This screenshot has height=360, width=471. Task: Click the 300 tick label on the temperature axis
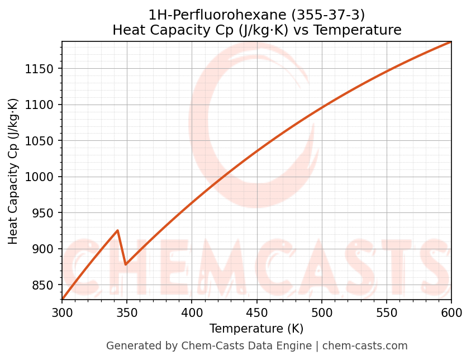(x=62, y=312)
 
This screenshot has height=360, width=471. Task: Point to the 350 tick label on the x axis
(x=127, y=312)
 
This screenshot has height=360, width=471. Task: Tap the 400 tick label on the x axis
(x=192, y=312)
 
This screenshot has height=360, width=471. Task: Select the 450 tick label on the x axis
(x=256, y=312)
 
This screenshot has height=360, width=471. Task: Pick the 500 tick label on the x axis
(x=321, y=312)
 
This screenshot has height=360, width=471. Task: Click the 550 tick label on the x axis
(x=386, y=312)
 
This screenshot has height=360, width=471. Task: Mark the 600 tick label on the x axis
(x=451, y=312)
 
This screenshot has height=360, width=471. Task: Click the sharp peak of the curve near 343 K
(x=117, y=230)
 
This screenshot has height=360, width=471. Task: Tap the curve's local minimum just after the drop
(x=126, y=264)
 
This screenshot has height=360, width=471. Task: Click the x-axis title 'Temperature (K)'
(x=256, y=329)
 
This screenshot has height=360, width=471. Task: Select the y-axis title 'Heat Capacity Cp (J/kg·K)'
(x=13, y=171)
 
